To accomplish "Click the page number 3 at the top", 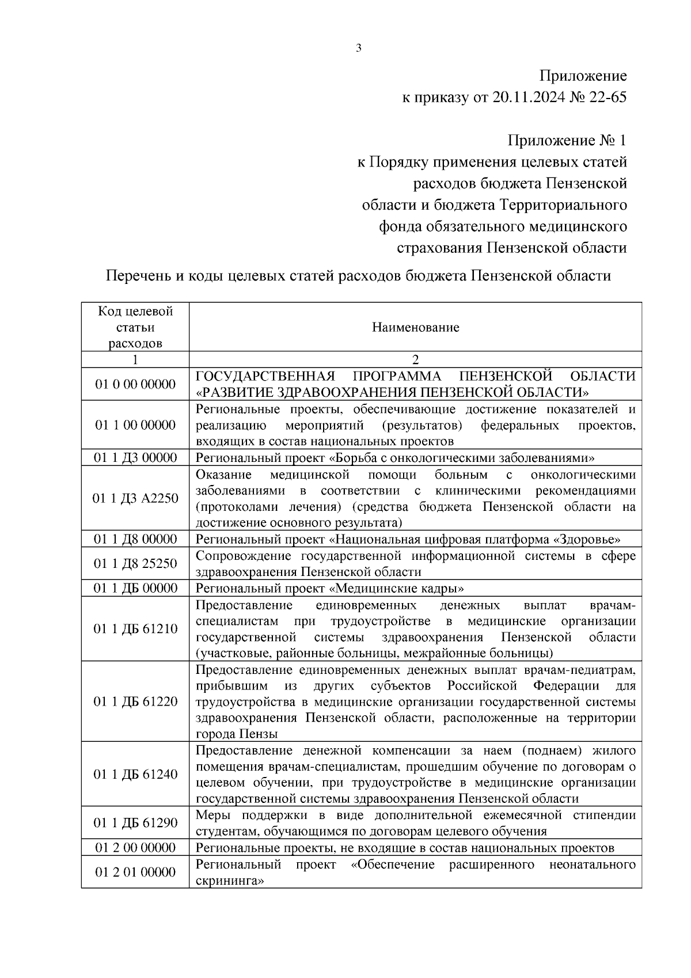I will (359, 48).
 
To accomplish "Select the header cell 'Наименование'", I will (415, 328).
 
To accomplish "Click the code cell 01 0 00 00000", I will (135, 384).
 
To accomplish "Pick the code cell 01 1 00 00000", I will (135, 425).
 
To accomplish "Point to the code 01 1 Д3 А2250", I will (135, 498).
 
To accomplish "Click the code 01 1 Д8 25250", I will (135, 563).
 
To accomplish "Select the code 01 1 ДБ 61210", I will (135, 628).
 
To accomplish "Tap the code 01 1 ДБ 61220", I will (135, 702).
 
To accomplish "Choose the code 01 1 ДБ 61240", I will (135, 774).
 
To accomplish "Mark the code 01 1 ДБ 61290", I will (135, 823).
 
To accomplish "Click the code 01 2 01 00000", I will (135, 872).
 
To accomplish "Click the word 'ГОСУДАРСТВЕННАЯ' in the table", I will (265, 377).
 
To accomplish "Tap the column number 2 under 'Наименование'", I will (415, 360).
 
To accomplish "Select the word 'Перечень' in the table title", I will (138, 276).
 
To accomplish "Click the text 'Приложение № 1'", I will (567, 141).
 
